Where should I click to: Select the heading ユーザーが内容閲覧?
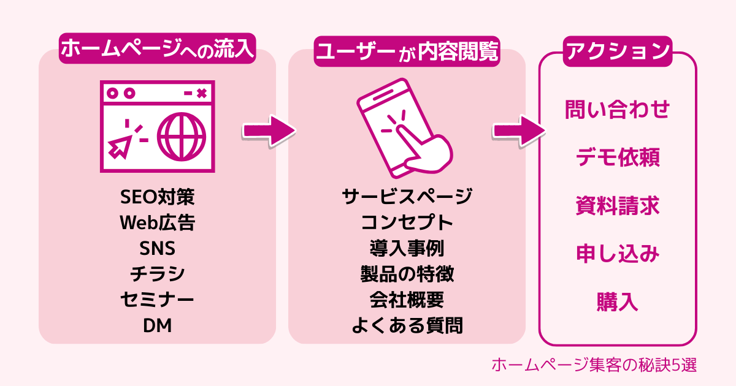click(407, 52)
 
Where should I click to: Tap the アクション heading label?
click(617, 51)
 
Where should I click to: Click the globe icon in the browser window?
click(182, 138)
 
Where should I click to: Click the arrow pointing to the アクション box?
click(518, 131)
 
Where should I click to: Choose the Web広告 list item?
click(157, 223)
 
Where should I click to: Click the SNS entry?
click(157, 249)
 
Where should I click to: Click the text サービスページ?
click(407, 197)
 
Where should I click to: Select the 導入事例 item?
click(407, 249)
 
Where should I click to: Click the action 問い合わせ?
click(617, 111)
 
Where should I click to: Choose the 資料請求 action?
click(617, 206)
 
